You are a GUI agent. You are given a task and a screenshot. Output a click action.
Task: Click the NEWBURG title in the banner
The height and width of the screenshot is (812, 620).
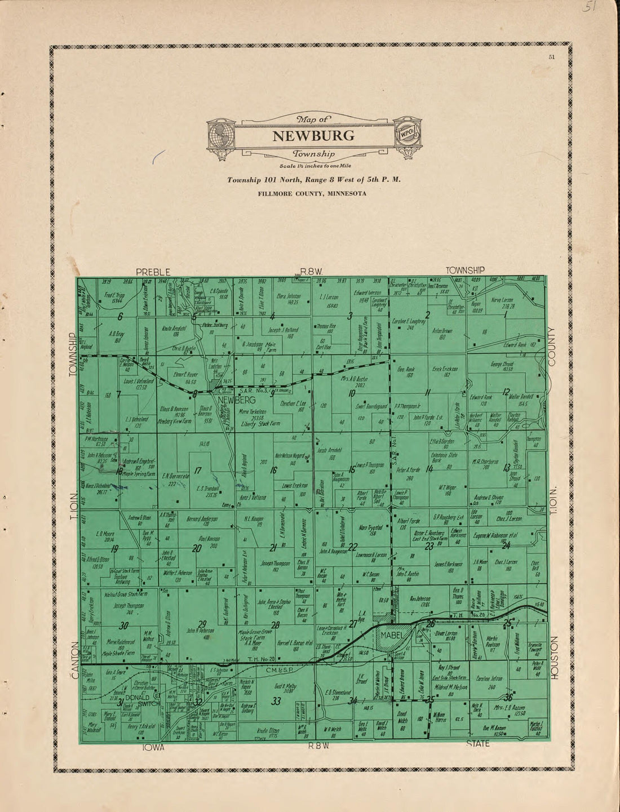click(313, 136)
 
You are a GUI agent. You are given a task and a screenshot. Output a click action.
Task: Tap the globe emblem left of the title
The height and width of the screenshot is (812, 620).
click(220, 135)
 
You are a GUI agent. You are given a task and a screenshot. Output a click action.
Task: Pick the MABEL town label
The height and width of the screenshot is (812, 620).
click(393, 636)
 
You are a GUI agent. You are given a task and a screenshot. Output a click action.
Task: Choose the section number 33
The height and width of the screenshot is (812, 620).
click(276, 702)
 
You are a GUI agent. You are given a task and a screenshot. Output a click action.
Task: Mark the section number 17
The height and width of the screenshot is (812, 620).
click(197, 471)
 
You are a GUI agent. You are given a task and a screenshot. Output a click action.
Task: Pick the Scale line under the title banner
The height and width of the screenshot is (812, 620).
click(313, 166)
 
